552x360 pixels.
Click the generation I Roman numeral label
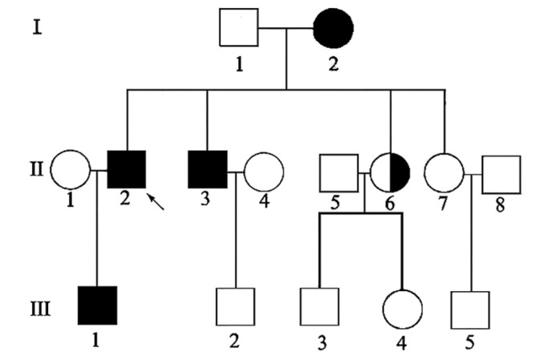click(x=35, y=29)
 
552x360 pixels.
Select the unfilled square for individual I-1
click(x=239, y=28)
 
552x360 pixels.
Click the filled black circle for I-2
click(x=333, y=30)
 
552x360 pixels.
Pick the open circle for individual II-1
click(x=70, y=170)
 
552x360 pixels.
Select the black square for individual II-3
click(x=207, y=170)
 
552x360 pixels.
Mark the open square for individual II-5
click(x=339, y=172)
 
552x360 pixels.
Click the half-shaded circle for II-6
click(x=391, y=172)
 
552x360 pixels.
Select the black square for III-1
click(x=98, y=305)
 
